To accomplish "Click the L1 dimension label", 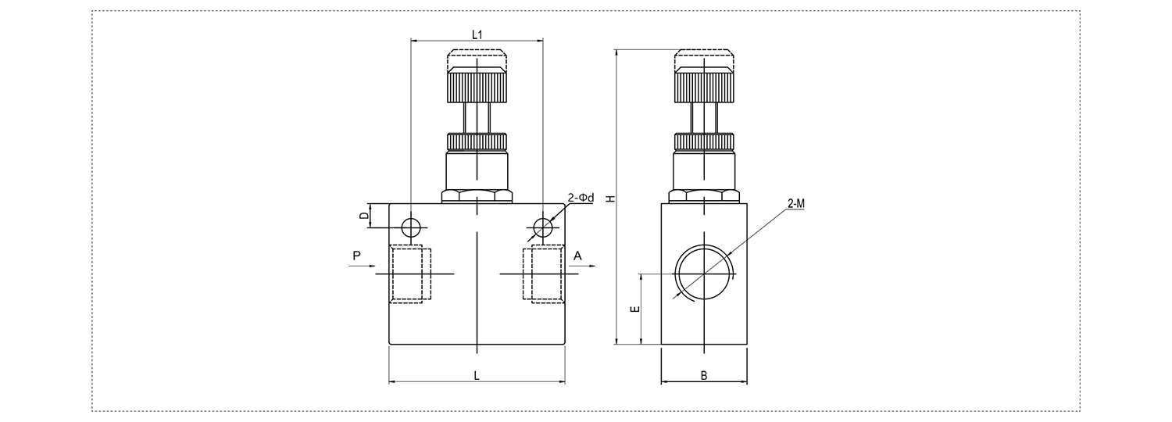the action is (x=477, y=34).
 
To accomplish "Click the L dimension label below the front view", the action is (x=476, y=375).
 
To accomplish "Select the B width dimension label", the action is (x=704, y=375).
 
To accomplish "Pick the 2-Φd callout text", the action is (x=581, y=198).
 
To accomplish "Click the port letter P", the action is (x=357, y=256).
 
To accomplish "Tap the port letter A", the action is (x=577, y=256).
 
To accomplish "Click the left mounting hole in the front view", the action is (x=411, y=227).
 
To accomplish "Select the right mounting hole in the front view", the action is (x=543, y=227).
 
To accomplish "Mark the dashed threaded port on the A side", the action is (x=544, y=274).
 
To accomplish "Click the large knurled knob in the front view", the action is (x=477, y=85).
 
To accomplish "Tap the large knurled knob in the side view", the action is (x=704, y=85).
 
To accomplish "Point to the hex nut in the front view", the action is (x=477, y=196).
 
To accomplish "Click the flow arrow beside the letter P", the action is (x=362, y=266).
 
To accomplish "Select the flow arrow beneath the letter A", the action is (x=582, y=266).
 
